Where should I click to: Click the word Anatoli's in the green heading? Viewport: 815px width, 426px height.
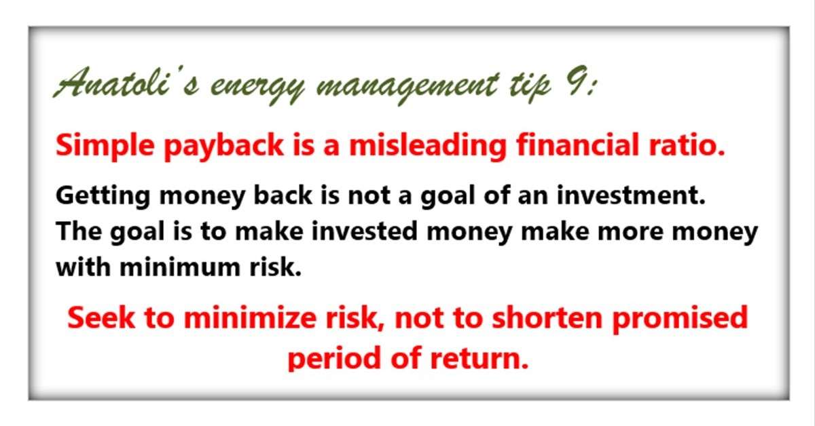point(126,83)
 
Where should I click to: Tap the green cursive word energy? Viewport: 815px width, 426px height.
point(257,88)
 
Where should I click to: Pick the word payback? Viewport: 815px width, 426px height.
point(223,147)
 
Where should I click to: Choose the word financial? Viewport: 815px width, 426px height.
point(578,144)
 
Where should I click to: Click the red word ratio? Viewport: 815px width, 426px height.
point(687,144)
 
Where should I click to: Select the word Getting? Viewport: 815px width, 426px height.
point(103,197)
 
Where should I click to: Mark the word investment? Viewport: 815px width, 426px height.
point(631,195)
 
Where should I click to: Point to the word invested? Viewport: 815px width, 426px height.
point(364,231)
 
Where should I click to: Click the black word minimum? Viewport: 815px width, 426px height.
point(180,267)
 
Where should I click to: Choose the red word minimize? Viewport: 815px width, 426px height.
point(250,317)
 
